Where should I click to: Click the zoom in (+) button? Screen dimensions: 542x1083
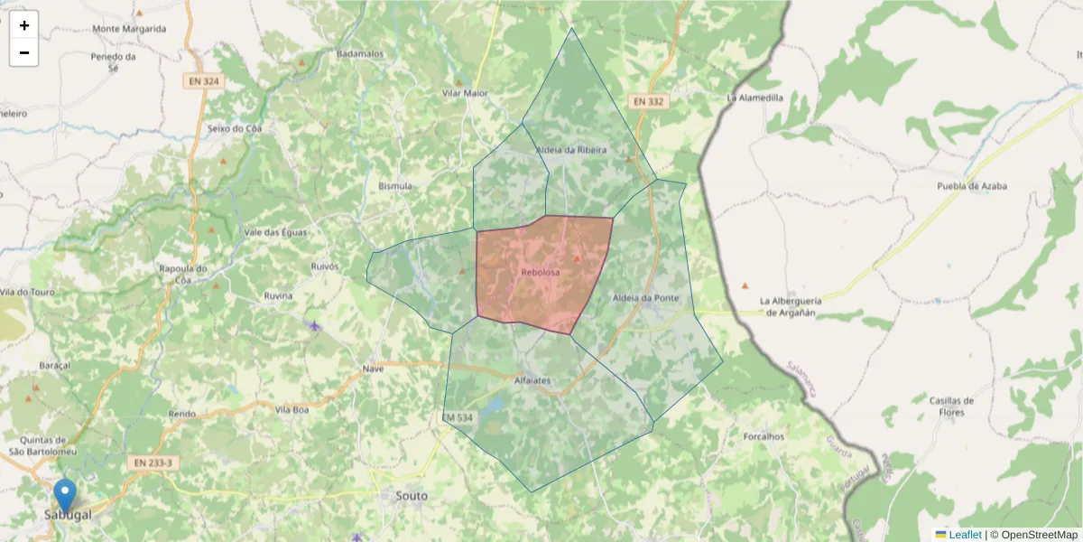[24, 25]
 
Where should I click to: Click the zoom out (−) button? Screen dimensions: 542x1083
[24, 52]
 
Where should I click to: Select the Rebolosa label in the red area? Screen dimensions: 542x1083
[541, 272]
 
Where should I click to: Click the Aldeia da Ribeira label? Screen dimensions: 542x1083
[571, 149]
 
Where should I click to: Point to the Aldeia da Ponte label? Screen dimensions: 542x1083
[645, 297]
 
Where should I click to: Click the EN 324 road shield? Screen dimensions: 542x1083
[203, 81]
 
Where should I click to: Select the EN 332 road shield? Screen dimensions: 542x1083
[648, 101]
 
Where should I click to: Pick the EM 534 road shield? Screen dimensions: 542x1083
[458, 417]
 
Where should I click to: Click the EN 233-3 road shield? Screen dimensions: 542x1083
[153, 463]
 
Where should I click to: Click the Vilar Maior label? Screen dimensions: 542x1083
[465, 93]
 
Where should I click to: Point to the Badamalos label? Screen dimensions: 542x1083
[360, 53]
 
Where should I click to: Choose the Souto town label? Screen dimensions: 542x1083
[412, 496]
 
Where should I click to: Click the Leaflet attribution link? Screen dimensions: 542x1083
[965, 535]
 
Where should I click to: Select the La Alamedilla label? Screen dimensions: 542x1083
[755, 97]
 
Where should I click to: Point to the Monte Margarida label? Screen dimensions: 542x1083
[129, 29]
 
